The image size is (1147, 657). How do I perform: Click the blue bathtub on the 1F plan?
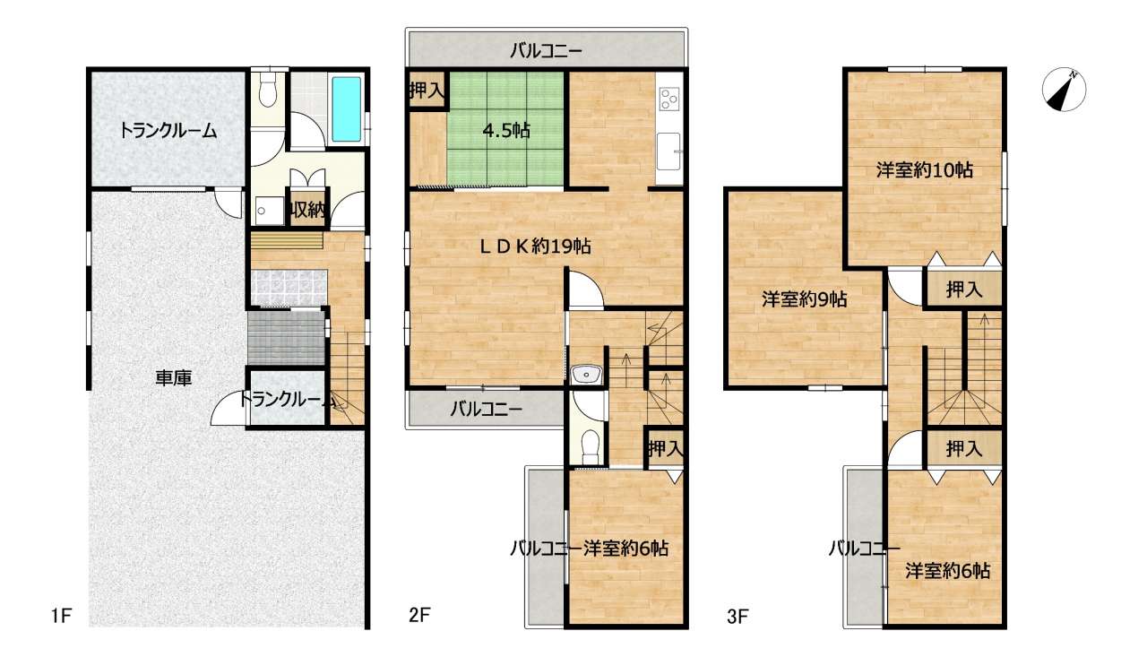click(347, 109)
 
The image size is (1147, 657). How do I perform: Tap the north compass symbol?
click(1064, 91)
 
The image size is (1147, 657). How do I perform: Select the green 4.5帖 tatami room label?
click(506, 131)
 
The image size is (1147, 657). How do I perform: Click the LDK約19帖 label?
click(535, 246)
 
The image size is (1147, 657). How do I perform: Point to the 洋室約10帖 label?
click(924, 169)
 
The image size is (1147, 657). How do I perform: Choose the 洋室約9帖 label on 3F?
click(805, 299)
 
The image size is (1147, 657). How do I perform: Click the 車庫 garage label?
click(174, 378)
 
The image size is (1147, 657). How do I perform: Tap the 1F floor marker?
click(61, 616)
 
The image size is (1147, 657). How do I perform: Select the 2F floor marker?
click(419, 615)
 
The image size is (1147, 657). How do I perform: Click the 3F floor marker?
click(737, 616)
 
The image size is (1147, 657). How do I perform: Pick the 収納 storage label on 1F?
click(307, 209)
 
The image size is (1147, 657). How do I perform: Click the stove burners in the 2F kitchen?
click(669, 99)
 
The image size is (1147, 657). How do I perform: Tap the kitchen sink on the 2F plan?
click(668, 151)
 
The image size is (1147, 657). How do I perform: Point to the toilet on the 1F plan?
click(267, 91)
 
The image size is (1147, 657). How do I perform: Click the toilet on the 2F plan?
click(591, 446)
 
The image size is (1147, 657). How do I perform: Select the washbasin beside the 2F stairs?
click(587, 375)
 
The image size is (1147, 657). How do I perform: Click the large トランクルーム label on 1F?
click(168, 131)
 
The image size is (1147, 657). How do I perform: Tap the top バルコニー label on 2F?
click(546, 51)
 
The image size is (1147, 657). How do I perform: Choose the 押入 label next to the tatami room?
click(427, 91)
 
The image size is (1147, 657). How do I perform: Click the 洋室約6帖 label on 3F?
click(947, 570)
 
